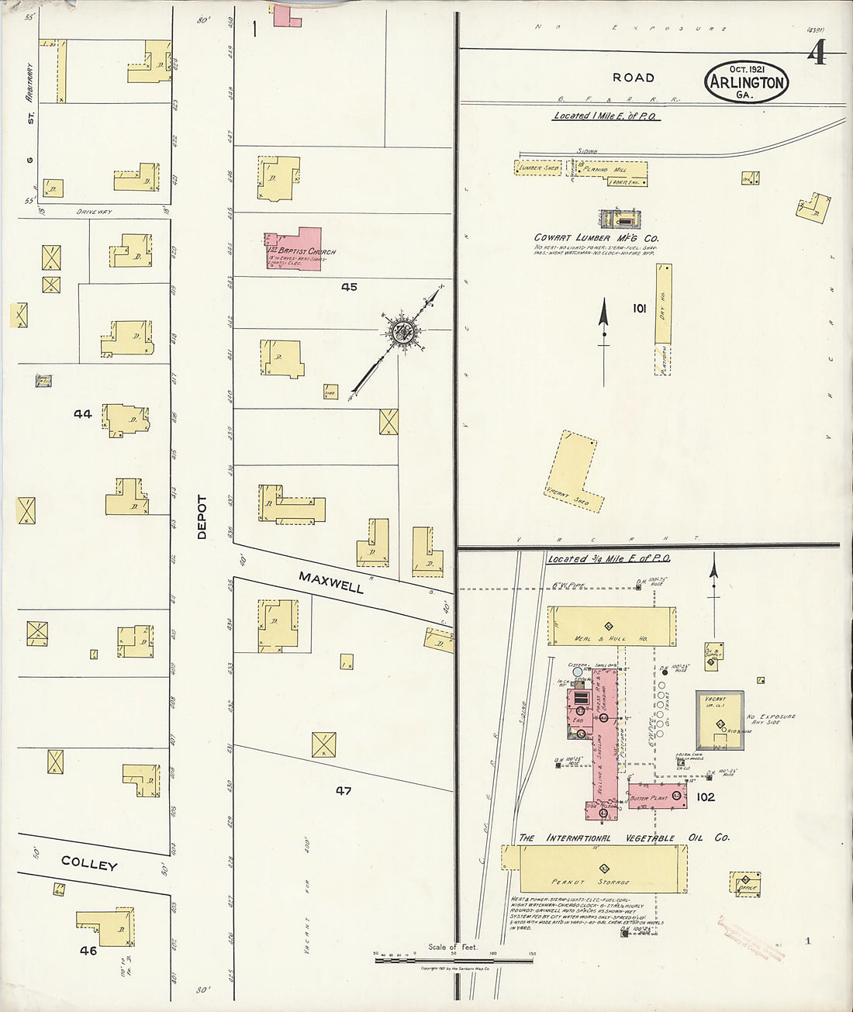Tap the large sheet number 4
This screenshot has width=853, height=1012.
[817, 54]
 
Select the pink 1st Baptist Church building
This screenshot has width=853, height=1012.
[295, 249]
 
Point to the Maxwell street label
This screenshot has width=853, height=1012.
[331, 582]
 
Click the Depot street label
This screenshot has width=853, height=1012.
[202, 517]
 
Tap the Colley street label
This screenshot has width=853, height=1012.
[89, 865]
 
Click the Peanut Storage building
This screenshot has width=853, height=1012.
[602, 869]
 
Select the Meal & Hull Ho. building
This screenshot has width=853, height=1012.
[611, 627]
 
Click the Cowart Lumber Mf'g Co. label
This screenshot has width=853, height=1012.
[596, 237]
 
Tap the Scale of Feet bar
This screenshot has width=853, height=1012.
[454, 960]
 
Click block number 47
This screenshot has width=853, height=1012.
[344, 791]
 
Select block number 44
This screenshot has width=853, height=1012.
[83, 414]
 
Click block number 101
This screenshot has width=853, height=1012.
[639, 309]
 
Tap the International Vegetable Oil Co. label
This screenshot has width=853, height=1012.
[623, 838]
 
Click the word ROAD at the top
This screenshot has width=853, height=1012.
[634, 78]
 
